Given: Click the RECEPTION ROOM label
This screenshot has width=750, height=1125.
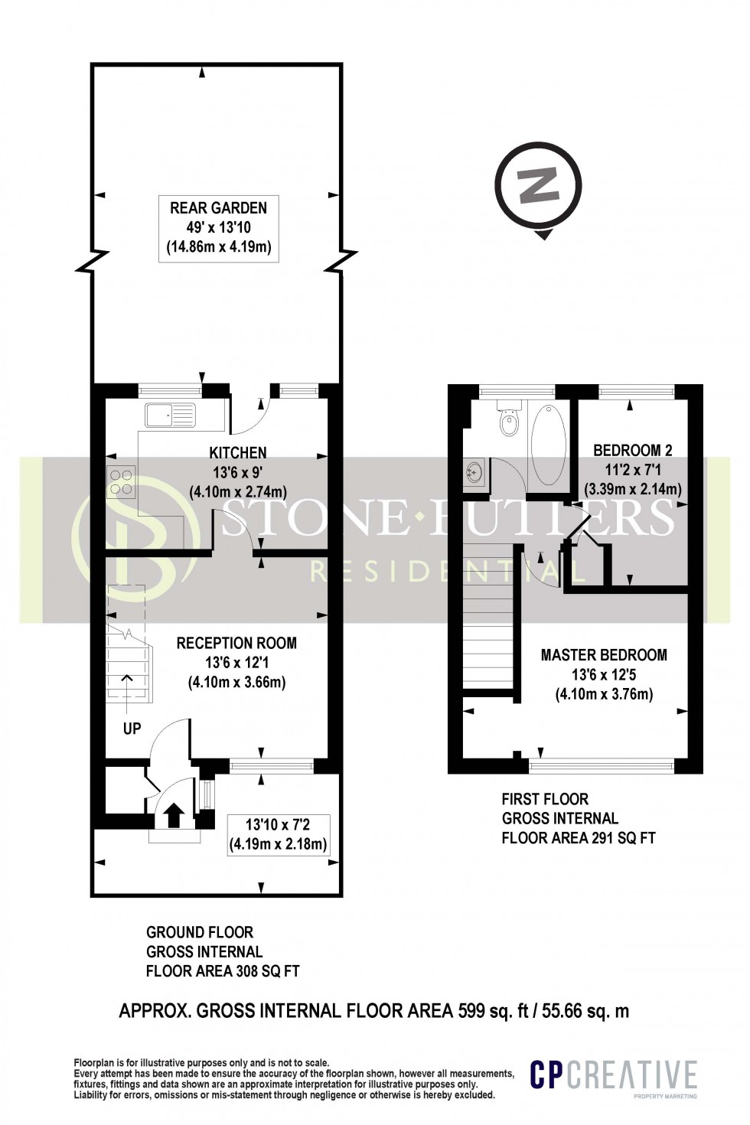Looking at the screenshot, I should pyautogui.click(x=236, y=643).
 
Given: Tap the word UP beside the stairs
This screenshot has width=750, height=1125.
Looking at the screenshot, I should pyautogui.click(x=132, y=729).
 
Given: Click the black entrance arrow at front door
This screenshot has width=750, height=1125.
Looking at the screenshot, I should pyautogui.click(x=173, y=816).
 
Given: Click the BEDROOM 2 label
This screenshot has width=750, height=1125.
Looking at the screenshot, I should pyautogui.click(x=632, y=449).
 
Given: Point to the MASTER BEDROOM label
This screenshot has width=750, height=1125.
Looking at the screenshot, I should pyautogui.click(x=604, y=655).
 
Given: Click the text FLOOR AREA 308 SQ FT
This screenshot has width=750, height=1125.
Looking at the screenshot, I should pyautogui.click(x=223, y=971).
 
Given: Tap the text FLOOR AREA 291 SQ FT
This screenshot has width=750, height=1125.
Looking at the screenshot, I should pyautogui.click(x=579, y=837).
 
